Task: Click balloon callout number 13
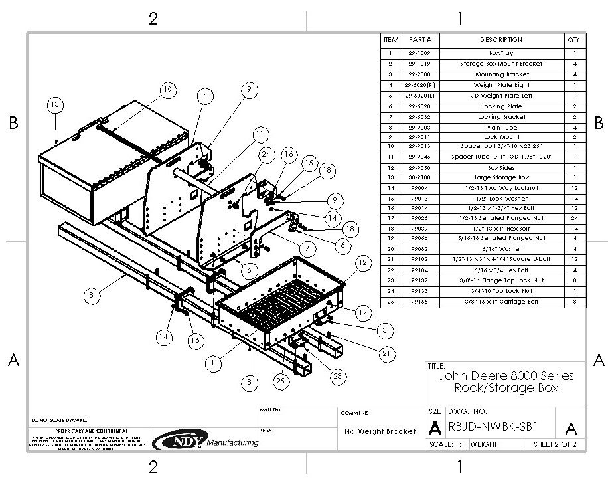click(x=55, y=104)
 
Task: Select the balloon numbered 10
click(x=167, y=88)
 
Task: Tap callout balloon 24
click(x=247, y=155)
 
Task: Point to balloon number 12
click(x=361, y=263)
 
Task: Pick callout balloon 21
click(x=386, y=353)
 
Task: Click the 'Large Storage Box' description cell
click(x=501, y=177)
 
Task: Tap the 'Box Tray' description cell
click(x=501, y=52)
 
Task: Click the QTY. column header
click(x=574, y=40)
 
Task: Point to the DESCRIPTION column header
click(x=501, y=40)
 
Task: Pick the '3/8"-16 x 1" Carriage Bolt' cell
click(x=501, y=302)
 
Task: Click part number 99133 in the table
click(x=420, y=292)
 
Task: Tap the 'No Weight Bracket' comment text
click(x=380, y=431)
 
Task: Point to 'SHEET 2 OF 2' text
click(x=555, y=444)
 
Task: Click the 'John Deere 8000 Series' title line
click(x=507, y=376)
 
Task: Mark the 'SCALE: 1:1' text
click(x=448, y=444)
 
